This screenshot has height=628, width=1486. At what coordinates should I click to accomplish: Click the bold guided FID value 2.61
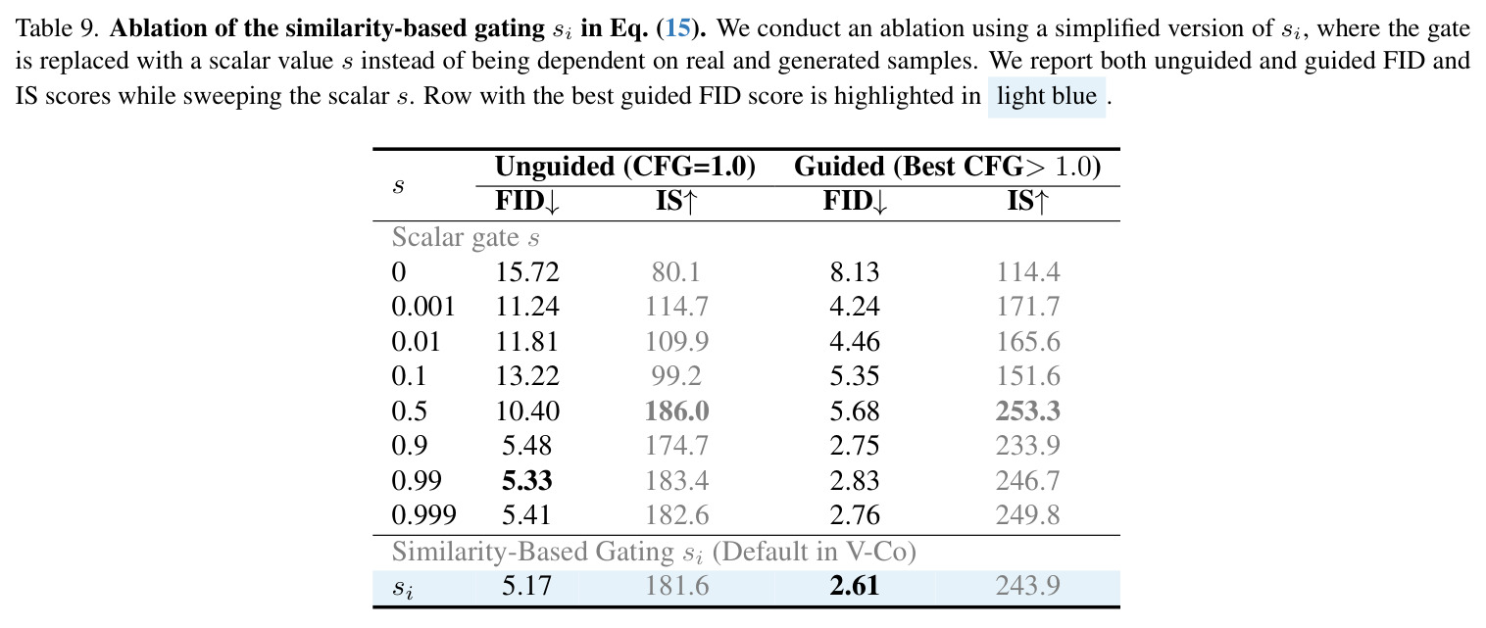(x=854, y=586)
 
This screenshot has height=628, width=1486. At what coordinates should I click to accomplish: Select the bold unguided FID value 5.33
(x=526, y=480)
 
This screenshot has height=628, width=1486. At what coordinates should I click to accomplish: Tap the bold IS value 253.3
(x=1027, y=411)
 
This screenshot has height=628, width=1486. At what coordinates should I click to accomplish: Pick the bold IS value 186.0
(x=676, y=411)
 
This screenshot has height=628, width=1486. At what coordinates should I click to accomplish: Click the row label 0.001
(x=423, y=307)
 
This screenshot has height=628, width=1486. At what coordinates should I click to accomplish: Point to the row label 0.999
(x=423, y=514)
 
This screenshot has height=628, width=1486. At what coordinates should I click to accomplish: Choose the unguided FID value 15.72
(x=527, y=272)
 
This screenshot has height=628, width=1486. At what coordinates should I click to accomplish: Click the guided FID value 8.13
(x=855, y=272)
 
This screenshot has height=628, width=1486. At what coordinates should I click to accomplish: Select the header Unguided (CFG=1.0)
(x=625, y=167)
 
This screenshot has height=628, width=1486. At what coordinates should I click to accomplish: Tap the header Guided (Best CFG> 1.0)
(x=947, y=167)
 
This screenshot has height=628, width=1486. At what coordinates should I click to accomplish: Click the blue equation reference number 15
(x=678, y=28)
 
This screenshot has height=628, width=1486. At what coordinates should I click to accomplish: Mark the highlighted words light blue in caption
(x=1047, y=96)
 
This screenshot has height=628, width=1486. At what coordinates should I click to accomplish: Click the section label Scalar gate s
(x=466, y=237)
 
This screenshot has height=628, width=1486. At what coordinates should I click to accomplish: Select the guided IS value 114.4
(x=1027, y=272)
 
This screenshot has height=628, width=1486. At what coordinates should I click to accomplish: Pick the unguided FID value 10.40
(x=527, y=411)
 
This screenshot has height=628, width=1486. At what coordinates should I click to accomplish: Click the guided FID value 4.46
(x=855, y=342)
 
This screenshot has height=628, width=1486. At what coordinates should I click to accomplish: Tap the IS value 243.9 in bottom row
(x=1027, y=586)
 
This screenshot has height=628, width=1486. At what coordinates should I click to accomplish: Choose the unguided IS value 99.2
(x=676, y=376)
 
